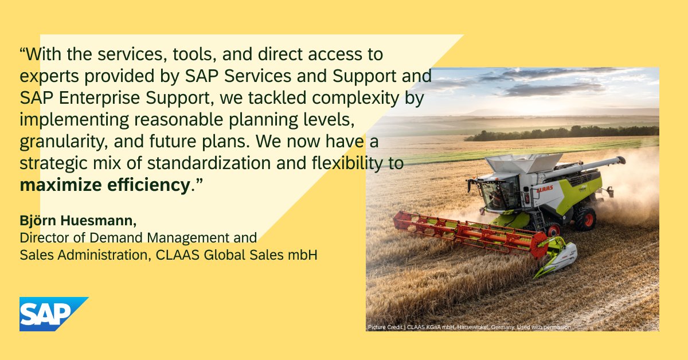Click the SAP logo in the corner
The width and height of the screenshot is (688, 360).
48,314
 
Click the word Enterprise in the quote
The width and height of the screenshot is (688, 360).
96,98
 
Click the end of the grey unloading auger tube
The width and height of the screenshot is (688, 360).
620,161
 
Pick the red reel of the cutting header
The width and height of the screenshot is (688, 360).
464,232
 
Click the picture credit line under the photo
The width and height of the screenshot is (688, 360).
470,327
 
